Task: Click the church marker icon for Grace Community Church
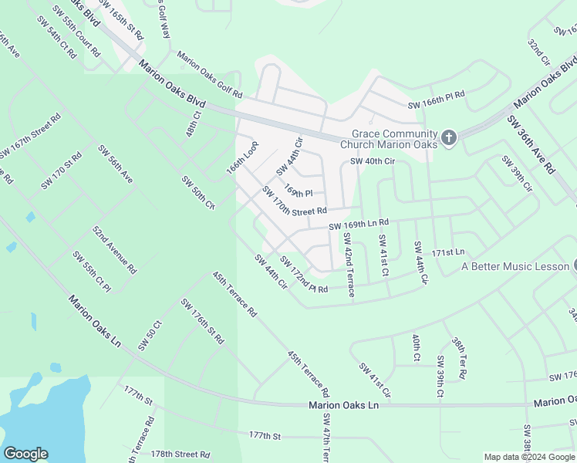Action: (x=449, y=139)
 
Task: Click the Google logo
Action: (x=25, y=454)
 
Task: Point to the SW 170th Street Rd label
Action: (x=295, y=201)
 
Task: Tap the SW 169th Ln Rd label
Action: (x=358, y=225)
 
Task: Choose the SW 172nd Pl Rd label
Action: (x=304, y=274)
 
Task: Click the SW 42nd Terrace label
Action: (x=349, y=265)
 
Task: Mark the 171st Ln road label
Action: (x=448, y=252)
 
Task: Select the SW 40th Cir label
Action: (x=373, y=161)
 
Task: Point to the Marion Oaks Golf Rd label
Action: (x=210, y=75)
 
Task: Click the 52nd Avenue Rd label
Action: (x=114, y=250)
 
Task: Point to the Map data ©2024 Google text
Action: (x=529, y=457)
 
